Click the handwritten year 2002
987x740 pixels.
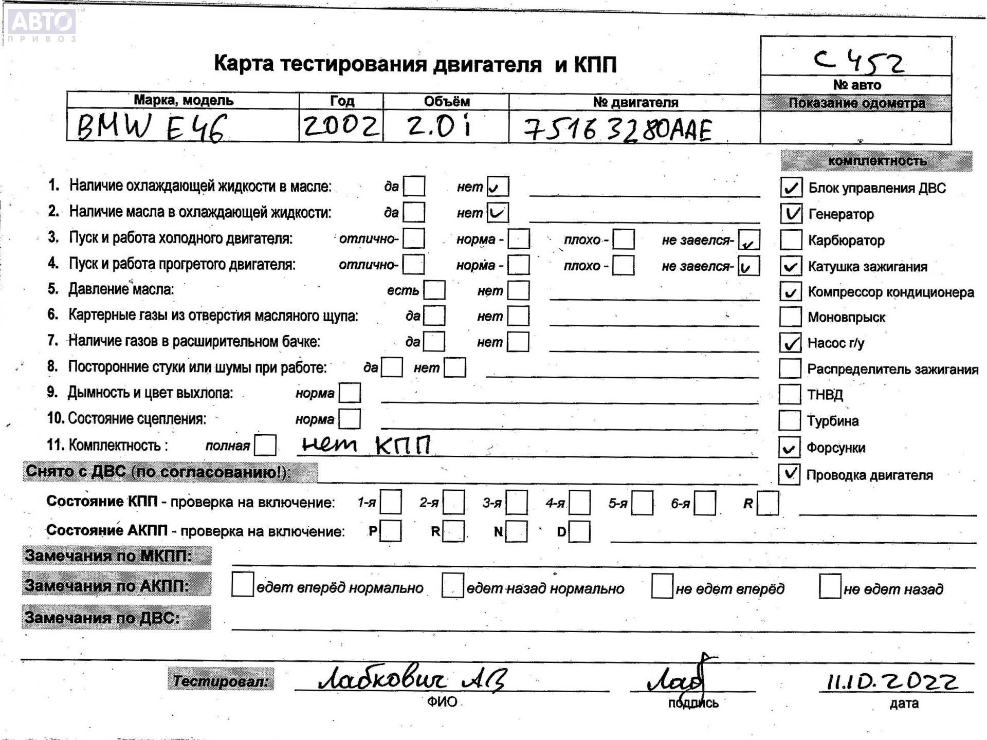tap(341, 126)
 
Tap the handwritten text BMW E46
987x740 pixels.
tap(151, 127)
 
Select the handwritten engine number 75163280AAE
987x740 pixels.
tap(618, 129)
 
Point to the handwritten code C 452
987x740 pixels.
tap(859, 62)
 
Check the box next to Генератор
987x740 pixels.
tap(791, 214)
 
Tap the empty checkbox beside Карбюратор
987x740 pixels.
tap(791, 240)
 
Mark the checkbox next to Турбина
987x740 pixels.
tap(790, 420)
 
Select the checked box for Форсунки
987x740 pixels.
tap(789, 447)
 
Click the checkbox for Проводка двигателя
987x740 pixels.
tap(789, 474)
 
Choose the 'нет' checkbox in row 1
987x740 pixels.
tap(498, 187)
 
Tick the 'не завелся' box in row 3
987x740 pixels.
tap(748, 240)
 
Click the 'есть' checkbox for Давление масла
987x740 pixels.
tap(435, 290)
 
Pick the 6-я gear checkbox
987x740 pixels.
tap(705, 503)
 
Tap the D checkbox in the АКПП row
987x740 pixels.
tap(579, 531)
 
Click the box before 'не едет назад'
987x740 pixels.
tap(830, 587)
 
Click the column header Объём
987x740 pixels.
tap(446, 101)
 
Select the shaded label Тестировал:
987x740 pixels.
tap(221, 681)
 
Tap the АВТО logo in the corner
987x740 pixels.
tap(42, 24)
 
